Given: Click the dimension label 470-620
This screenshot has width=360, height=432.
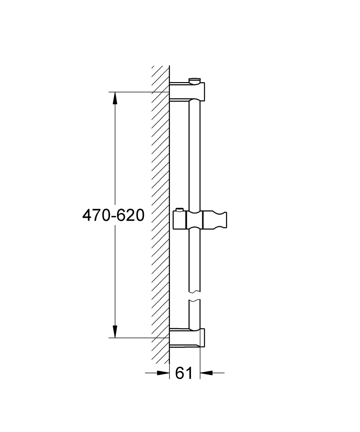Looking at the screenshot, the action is coord(113,215).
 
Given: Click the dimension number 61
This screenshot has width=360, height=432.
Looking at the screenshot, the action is coord(184,373).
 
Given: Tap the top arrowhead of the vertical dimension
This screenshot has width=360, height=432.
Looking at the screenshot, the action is coord(115,98).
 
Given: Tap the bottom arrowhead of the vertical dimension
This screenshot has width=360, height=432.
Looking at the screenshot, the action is coord(115,331).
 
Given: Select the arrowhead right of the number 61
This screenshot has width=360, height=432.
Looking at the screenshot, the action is coord(206,373).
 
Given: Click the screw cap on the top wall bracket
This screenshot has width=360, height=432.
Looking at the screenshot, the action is coord(194,80).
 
